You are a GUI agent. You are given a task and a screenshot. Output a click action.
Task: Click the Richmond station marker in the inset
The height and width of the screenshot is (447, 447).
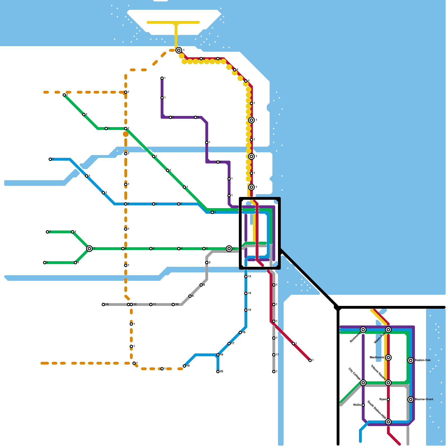pos(363,330)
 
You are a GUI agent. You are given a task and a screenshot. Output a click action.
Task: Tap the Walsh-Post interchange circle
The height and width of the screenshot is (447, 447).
pos(388,330)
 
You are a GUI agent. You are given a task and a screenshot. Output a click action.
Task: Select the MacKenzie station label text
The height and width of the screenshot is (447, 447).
pos(377,358)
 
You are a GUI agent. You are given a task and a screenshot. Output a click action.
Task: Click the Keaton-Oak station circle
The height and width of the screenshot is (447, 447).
pos(411,360)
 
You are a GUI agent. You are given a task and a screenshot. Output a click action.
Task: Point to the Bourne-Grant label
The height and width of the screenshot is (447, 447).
pos(424,400)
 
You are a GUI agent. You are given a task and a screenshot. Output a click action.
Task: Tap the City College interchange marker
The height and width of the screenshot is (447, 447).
pos(363,383)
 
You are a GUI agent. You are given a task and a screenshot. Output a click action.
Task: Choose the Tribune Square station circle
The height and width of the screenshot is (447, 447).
pos(388,383)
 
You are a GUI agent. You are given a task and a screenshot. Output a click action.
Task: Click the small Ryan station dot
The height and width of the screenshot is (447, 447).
pos(388,400)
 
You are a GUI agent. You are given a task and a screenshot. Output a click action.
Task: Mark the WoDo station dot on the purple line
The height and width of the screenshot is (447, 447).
pos(363,405)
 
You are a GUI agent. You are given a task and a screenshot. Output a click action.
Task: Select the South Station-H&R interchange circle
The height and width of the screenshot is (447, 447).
pos(388,422)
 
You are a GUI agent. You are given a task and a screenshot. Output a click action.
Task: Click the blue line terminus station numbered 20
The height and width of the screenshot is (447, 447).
pos(218,372)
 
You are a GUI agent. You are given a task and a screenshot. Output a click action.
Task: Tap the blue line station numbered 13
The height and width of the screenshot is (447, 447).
pos(246,277)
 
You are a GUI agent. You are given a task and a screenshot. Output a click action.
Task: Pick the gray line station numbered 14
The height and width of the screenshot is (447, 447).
pos(103,305)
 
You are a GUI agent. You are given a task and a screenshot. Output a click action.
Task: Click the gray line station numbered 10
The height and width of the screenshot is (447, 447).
pos(173,305)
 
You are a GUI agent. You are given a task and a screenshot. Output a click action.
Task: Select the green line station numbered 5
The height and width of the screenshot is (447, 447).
pos(151,249)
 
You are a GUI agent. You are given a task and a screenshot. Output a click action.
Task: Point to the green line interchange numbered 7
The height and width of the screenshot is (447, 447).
pos(89,249)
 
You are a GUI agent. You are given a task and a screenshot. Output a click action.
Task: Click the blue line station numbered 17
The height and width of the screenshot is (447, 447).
pos(229,344)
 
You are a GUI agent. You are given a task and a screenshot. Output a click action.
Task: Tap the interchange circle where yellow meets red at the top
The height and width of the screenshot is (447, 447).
pos(179,50)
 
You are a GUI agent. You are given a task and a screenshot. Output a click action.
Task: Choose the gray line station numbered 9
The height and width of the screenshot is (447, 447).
pos(190,296)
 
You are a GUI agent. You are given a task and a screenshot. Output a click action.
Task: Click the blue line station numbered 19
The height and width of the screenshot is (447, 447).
pos(184,366)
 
